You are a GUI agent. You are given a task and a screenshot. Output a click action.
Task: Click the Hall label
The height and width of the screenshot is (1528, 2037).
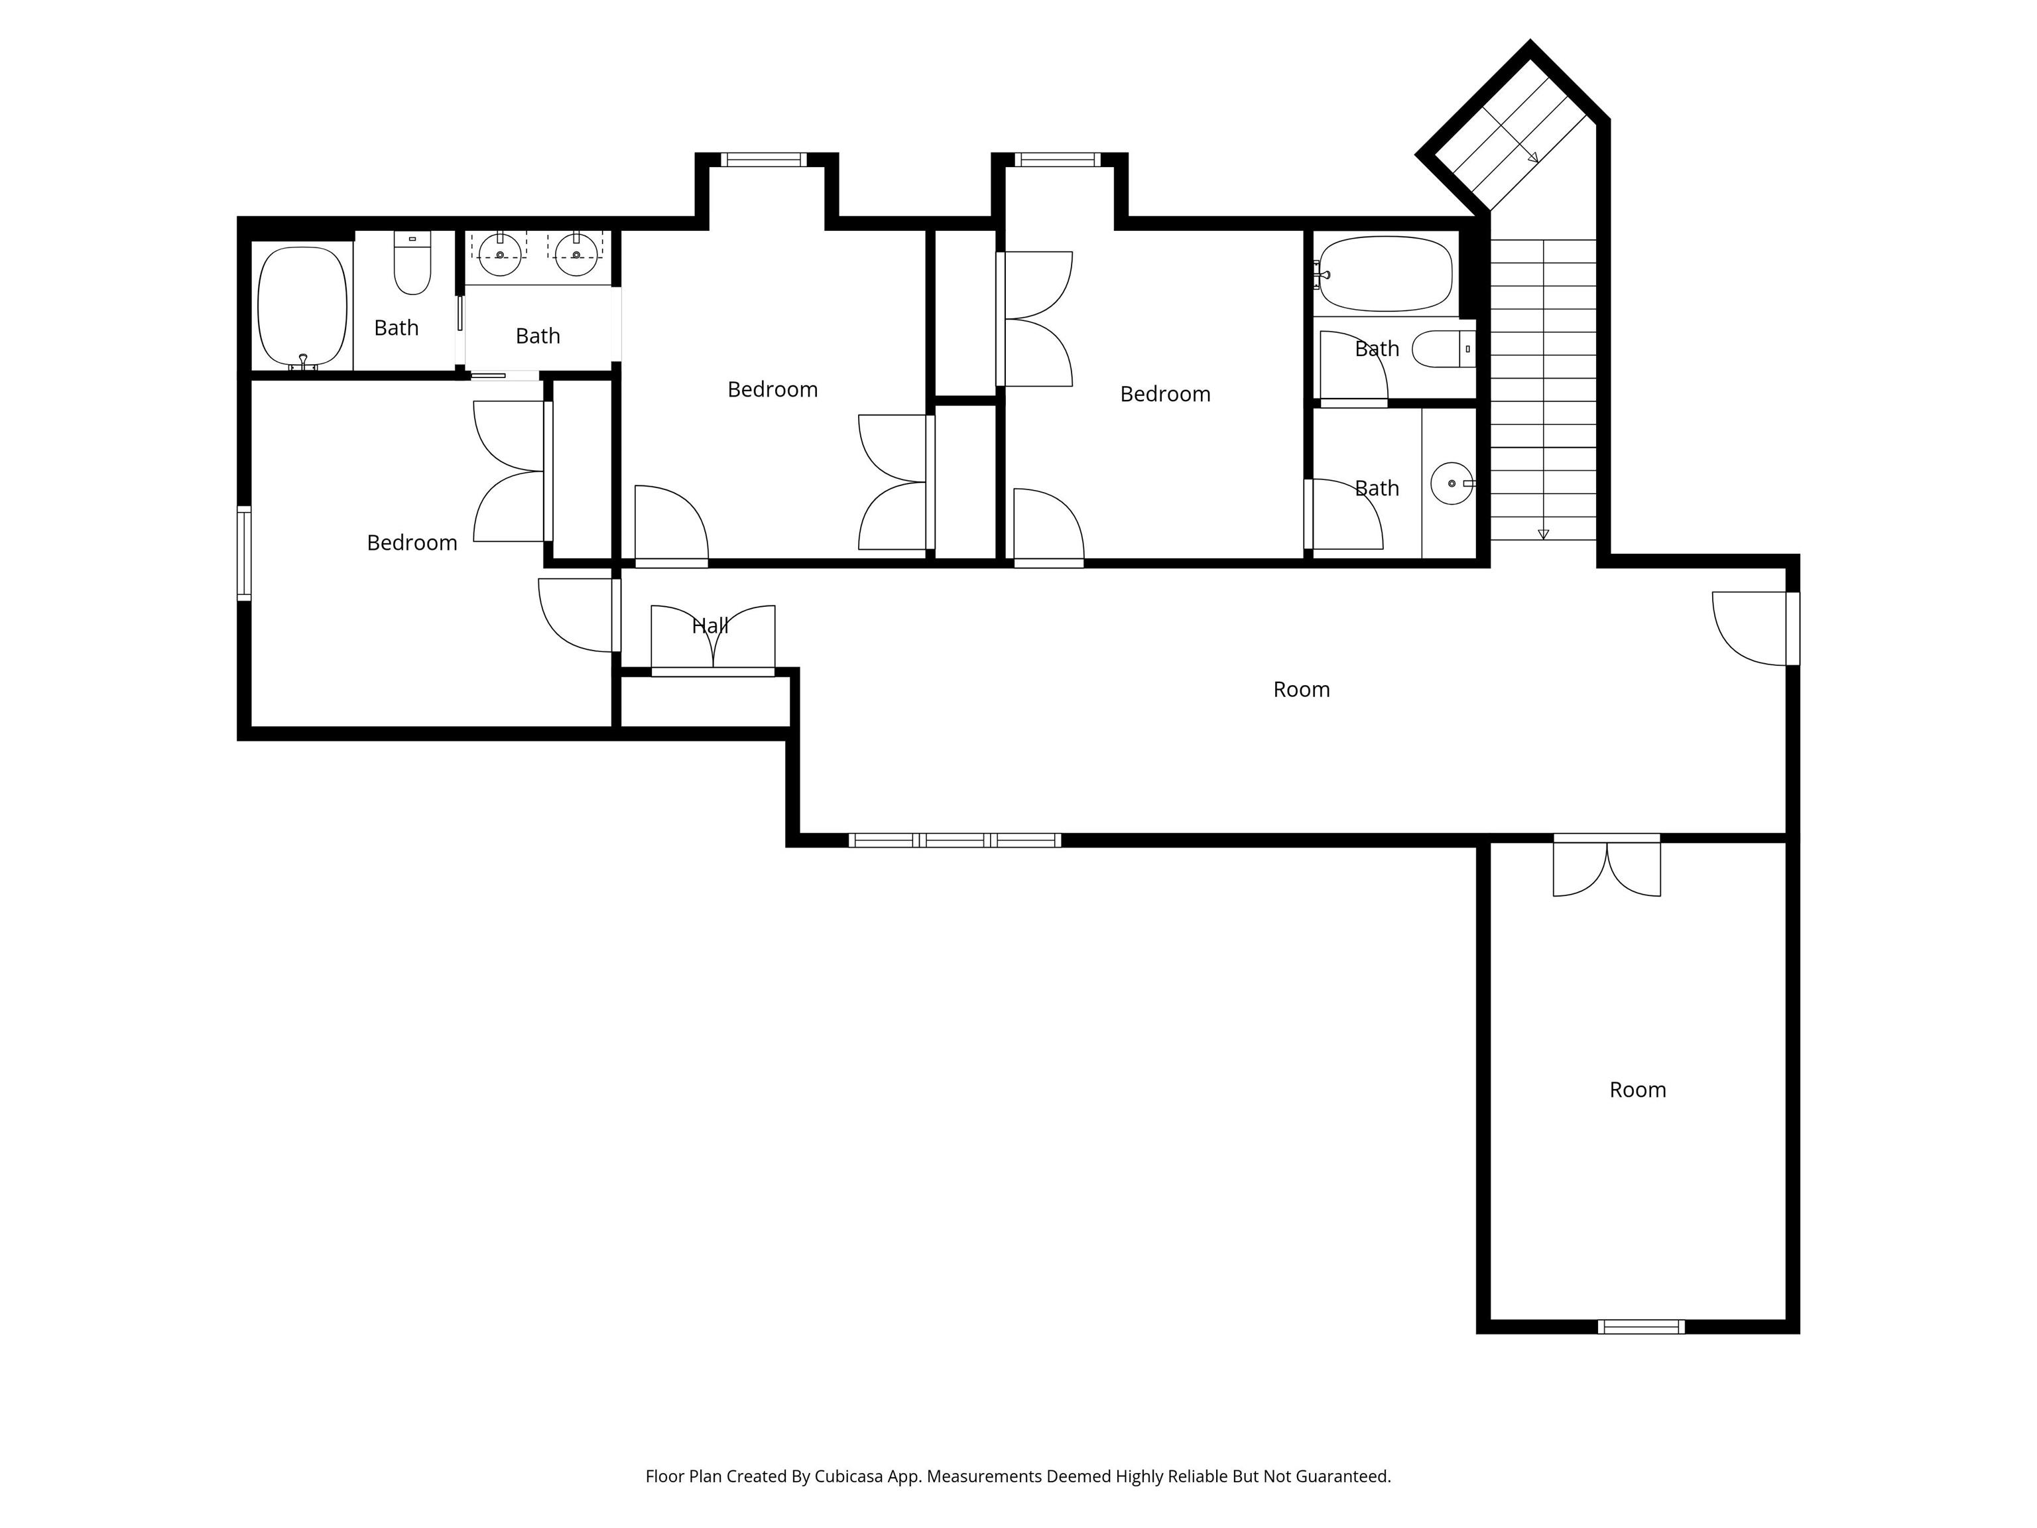point(710,626)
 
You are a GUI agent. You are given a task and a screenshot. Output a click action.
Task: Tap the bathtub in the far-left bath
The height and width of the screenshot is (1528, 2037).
point(302,306)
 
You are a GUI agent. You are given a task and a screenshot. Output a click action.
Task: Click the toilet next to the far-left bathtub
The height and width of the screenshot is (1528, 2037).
point(412,265)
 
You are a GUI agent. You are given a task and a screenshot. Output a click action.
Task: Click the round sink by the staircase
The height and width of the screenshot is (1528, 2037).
point(1451,483)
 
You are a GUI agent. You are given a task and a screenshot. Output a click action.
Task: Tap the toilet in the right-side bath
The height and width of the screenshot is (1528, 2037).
point(1441,349)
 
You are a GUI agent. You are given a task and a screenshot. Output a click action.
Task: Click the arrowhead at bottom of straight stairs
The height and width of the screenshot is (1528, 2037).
point(1544,534)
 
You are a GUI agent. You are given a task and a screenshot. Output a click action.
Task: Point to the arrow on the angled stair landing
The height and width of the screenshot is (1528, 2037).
point(1532,157)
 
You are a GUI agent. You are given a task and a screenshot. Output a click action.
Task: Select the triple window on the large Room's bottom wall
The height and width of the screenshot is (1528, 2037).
point(954,840)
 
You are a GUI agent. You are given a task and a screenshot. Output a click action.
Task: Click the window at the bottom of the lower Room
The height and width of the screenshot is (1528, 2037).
point(1641,1326)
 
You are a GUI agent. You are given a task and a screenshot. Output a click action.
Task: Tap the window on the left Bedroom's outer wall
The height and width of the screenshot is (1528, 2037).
point(244,552)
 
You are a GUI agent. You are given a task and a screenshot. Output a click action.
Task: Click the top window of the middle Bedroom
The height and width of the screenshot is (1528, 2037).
point(763,159)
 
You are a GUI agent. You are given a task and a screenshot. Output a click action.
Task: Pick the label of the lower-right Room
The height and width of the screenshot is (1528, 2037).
point(1637,1090)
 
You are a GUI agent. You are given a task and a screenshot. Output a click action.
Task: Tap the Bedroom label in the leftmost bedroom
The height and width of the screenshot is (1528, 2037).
point(412,542)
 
